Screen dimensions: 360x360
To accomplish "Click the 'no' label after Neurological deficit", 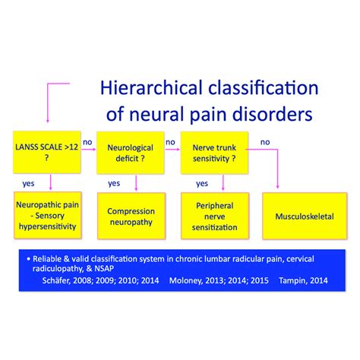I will [x=170, y=142].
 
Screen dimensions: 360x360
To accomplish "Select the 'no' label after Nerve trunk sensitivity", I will [x=266, y=142].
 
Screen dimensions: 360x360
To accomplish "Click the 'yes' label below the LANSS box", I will [x=28, y=183].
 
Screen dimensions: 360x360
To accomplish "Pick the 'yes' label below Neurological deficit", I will [x=114, y=183].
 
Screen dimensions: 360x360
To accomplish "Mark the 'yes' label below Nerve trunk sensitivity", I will [x=201, y=183].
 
